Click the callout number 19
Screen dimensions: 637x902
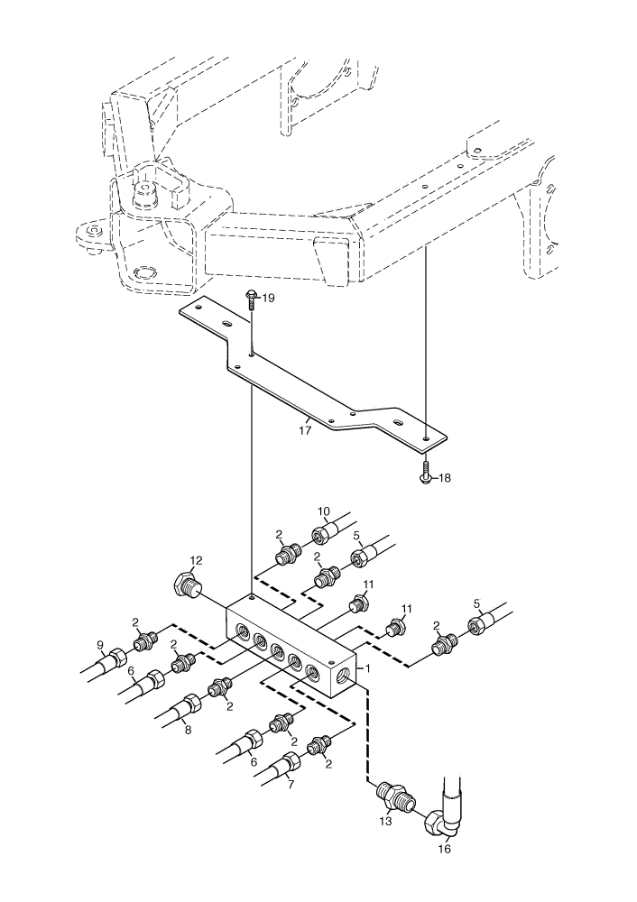tap(269, 298)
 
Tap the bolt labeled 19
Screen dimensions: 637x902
tap(251, 301)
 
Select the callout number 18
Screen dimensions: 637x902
tap(445, 478)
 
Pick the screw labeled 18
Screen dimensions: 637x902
tap(425, 473)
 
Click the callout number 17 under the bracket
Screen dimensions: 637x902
tap(305, 429)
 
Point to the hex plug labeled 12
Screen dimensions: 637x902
tap(187, 584)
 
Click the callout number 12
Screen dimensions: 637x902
tap(196, 560)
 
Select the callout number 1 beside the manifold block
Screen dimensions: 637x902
tap(368, 669)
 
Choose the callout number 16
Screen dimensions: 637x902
tap(445, 849)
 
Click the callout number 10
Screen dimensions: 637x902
tap(324, 511)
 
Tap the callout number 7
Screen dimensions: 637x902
tap(291, 784)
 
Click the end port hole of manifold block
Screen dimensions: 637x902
tap(346, 676)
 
